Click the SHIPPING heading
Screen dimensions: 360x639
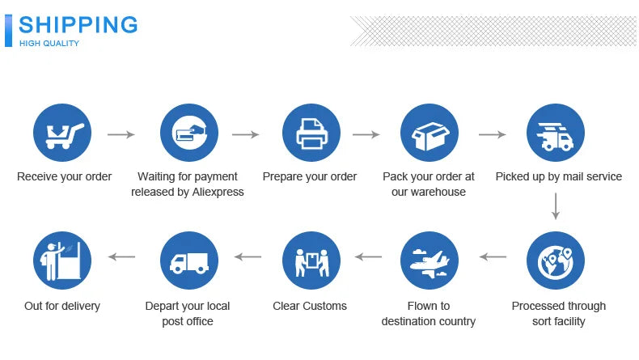click(x=78, y=24)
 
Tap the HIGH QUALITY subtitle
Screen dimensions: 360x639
click(x=49, y=43)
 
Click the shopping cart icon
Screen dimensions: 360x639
click(x=62, y=133)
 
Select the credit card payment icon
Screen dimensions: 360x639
click(x=189, y=133)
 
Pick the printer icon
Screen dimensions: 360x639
click(x=311, y=133)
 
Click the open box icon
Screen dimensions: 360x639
click(x=430, y=133)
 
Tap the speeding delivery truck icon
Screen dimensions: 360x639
click(x=555, y=133)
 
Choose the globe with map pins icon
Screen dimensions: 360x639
click(x=555, y=260)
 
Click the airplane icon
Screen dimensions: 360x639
click(x=430, y=260)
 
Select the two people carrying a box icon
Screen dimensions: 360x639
click(x=311, y=260)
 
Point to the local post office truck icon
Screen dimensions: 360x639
click(x=189, y=260)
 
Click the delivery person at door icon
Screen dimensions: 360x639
click(x=62, y=260)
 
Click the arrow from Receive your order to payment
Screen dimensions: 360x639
click(x=121, y=134)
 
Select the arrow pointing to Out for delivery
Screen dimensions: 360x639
click(x=122, y=257)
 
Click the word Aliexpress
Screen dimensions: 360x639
click(x=214, y=192)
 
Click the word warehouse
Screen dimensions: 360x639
click(x=440, y=192)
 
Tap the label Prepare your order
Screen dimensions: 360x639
click(x=309, y=176)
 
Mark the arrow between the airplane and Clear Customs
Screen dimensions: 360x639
click(x=369, y=257)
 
